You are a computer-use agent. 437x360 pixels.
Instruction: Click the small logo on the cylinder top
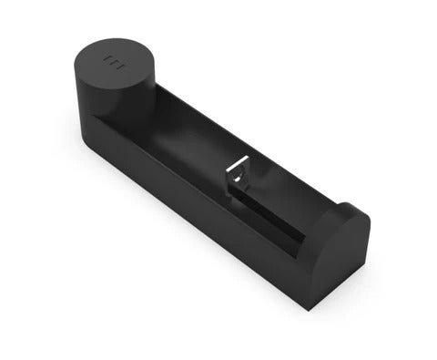tap(113, 64)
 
